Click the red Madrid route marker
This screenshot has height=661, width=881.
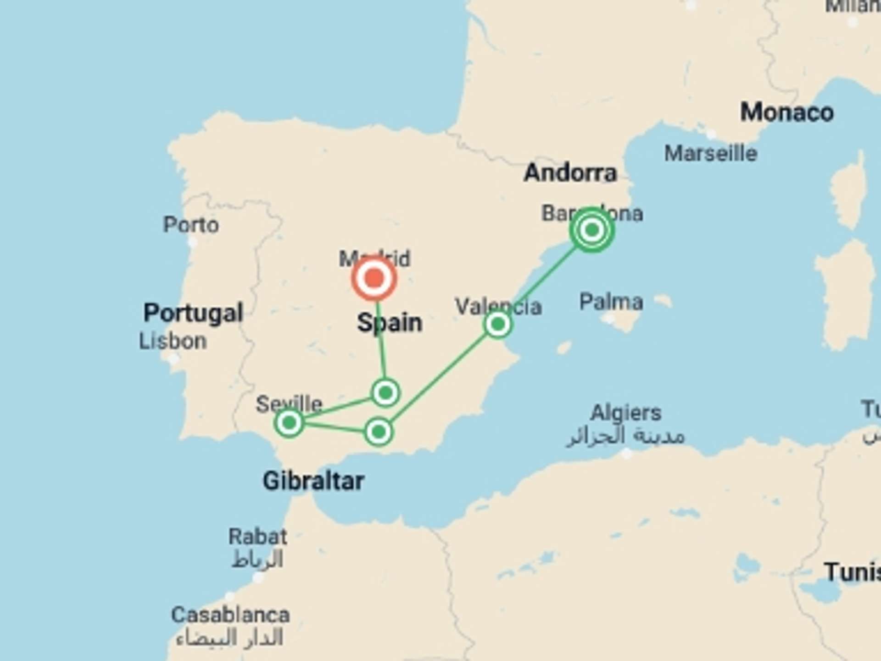coord(374,278)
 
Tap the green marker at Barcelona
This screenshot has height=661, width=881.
coord(592,230)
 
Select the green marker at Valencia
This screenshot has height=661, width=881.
coord(497,325)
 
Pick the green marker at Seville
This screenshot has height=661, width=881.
coord(289,422)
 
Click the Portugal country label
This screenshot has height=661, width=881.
coord(193,313)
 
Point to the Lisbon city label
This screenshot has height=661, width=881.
coord(173,342)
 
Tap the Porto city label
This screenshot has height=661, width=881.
coord(191,225)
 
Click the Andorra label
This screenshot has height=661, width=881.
coord(570,173)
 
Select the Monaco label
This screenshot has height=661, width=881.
coord(786,112)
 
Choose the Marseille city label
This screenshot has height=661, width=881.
coord(710,153)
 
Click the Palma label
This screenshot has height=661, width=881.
coord(611,302)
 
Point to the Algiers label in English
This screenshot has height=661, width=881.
coord(625,413)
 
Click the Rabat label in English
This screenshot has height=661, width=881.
coord(258,537)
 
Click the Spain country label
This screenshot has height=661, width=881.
coord(390,323)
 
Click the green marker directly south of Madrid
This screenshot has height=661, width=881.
coord(385,392)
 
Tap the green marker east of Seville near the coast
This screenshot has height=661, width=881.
coord(379,431)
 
